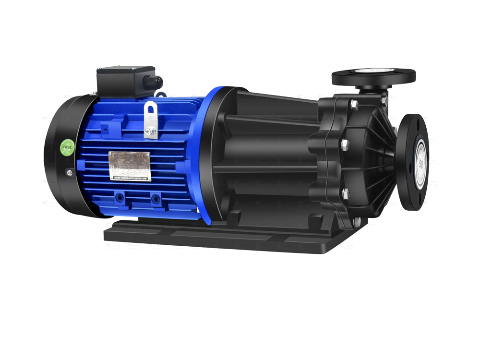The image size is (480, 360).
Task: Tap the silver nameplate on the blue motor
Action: (x=129, y=166)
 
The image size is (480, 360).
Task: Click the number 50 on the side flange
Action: (x=421, y=163)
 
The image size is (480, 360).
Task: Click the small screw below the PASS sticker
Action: (x=69, y=172)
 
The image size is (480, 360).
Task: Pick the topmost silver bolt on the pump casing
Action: (x=354, y=104)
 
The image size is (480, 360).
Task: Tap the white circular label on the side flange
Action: (x=421, y=163)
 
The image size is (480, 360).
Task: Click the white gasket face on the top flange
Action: (x=373, y=72)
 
